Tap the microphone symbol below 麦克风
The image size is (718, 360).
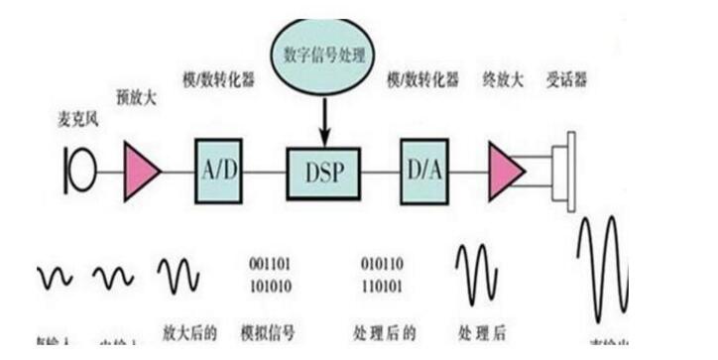79,169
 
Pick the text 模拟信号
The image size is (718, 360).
270,329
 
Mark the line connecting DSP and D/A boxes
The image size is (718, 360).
380,171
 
